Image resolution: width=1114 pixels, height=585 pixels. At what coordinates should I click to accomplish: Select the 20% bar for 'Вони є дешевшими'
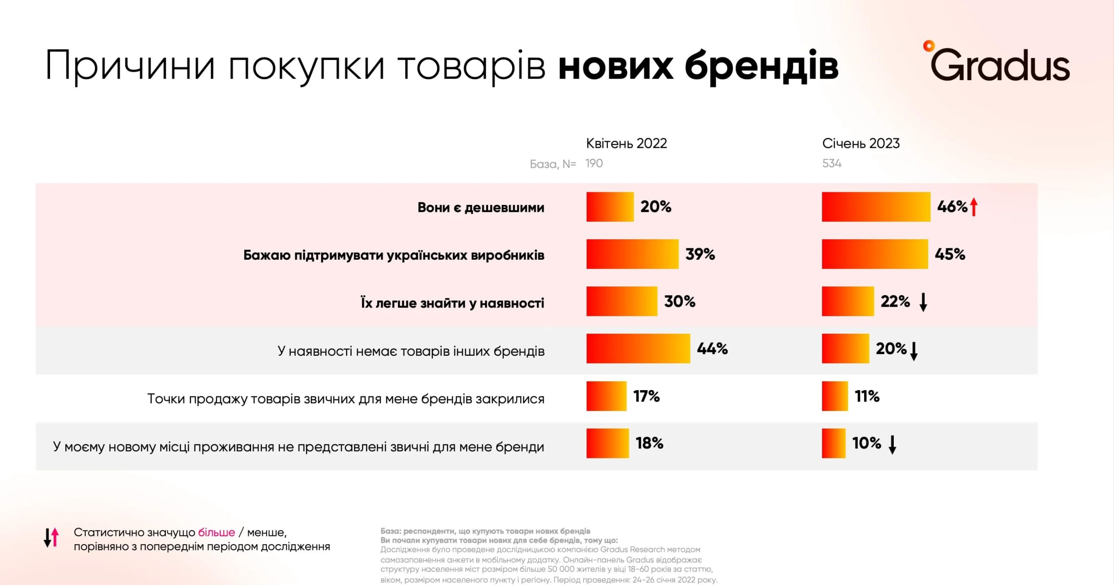click(x=610, y=207)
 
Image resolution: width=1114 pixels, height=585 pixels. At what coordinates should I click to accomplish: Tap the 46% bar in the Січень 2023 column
click(x=876, y=207)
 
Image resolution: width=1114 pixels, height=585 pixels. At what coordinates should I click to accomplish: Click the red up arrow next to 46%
click(x=974, y=207)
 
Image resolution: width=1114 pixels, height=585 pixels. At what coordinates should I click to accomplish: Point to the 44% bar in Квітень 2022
click(x=638, y=348)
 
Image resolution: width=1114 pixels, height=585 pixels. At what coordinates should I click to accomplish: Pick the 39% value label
click(x=700, y=254)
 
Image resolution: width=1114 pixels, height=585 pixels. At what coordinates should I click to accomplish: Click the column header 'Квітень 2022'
click(x=626, y=144)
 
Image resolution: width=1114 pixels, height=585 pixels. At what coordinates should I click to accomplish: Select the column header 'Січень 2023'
click(x=860, y=144)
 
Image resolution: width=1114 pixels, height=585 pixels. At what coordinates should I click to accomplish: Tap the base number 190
click(x=594, y=164)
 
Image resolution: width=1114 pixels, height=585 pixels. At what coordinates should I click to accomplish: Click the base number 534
click(x=832, y=164)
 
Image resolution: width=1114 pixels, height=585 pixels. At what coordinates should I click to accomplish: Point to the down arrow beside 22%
click(x=923, y=302)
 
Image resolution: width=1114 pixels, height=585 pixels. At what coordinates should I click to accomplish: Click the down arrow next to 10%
click(x=892, y=445)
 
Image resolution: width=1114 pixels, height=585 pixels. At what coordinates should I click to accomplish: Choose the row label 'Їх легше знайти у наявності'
click(x=452, y=303)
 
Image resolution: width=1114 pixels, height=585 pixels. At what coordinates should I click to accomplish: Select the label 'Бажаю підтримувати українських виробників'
click(x=393, y=255)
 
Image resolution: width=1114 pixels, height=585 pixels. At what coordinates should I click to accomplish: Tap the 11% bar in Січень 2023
click(x=835, y=396)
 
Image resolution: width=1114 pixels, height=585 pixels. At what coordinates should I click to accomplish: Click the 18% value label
click(x=649, y=443)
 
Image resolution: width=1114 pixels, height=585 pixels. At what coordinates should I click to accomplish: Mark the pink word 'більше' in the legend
click(x=216, y=532)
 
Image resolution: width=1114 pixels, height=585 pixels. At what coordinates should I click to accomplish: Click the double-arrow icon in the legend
click(x=51, y=538)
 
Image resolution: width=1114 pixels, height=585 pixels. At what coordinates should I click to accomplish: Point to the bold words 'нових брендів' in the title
click(x=698, y=66)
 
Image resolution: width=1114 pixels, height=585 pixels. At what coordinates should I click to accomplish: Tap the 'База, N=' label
click(x=553, y=164)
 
